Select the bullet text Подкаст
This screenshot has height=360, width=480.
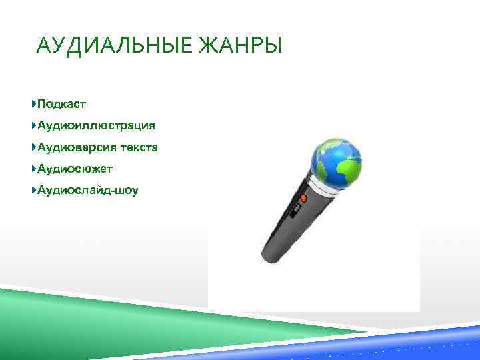coord(62,104)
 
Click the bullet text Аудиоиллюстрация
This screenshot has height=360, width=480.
coord(97,125)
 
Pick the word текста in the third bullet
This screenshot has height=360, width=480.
coord(138,147)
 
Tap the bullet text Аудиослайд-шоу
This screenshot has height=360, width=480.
coord(88,191)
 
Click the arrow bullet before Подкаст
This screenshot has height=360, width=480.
coord(33,104)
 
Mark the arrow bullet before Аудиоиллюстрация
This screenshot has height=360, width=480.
coord(33,125)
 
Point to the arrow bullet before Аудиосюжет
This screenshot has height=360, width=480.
coord(33,169)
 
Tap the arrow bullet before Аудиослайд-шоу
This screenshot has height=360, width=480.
coord(33,191)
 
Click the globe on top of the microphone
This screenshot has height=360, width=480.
coord(337,160)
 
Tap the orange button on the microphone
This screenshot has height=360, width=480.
coord(303,198)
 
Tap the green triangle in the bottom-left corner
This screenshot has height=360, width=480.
coord(40,313)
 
